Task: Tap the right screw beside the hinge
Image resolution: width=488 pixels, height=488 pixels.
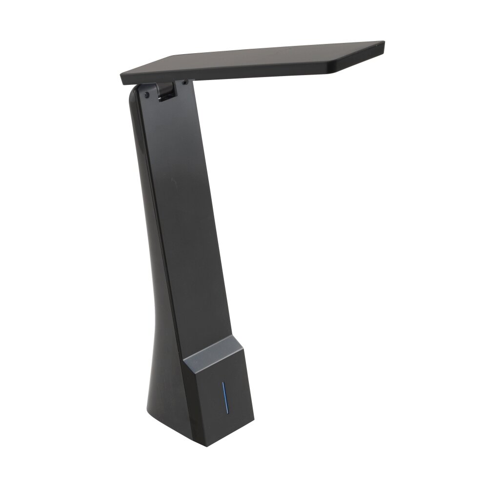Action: pos(184,82)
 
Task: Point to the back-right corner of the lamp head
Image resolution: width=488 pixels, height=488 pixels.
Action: pos(381,42)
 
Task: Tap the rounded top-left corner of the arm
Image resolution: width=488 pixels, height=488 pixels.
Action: pos(133,93)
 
